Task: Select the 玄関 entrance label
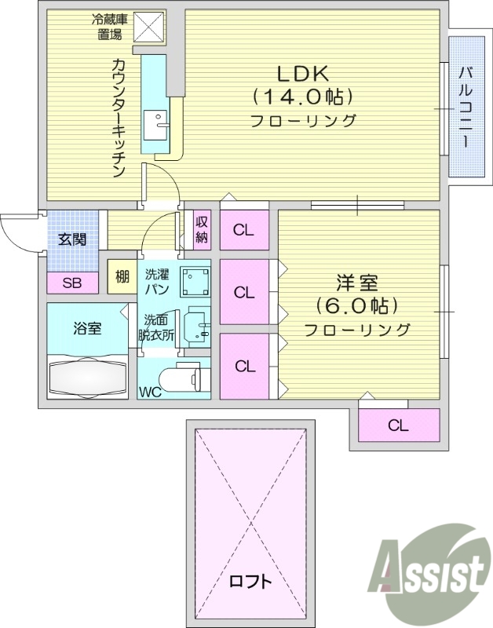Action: [x=72, y=239]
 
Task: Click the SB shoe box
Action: [x=71, y=283]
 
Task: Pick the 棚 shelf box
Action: [x=121, y=276]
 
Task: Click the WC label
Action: [x=151, y=391]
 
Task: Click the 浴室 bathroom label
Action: [x=87, y=328]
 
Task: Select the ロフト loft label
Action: [x=251, y=582]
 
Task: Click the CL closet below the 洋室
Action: [x=398, y=425]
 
